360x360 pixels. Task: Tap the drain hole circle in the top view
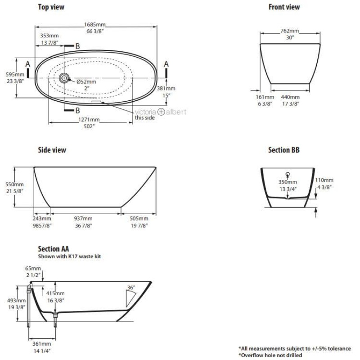[64, 78]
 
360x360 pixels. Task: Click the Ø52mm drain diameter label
[86, 81]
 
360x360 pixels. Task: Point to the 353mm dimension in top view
[49, 36]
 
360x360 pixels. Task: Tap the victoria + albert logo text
[160, 112]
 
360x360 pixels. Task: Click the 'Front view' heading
[284, 7]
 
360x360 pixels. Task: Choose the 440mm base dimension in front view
[290, 97]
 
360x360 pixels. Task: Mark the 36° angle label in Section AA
[131, 288]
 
